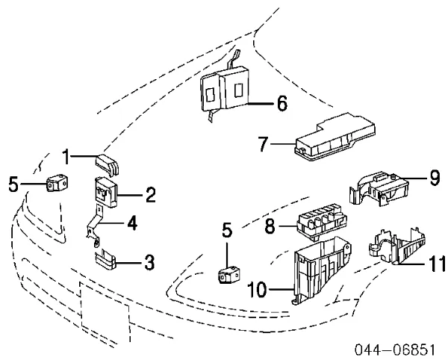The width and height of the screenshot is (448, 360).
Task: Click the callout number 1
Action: (x=66, y=157)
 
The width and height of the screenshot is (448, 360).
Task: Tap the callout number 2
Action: (x=150, y=196)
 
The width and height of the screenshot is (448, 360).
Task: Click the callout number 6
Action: (x=281, y=104)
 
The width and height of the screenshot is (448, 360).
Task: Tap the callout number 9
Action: (x=435, y=177)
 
